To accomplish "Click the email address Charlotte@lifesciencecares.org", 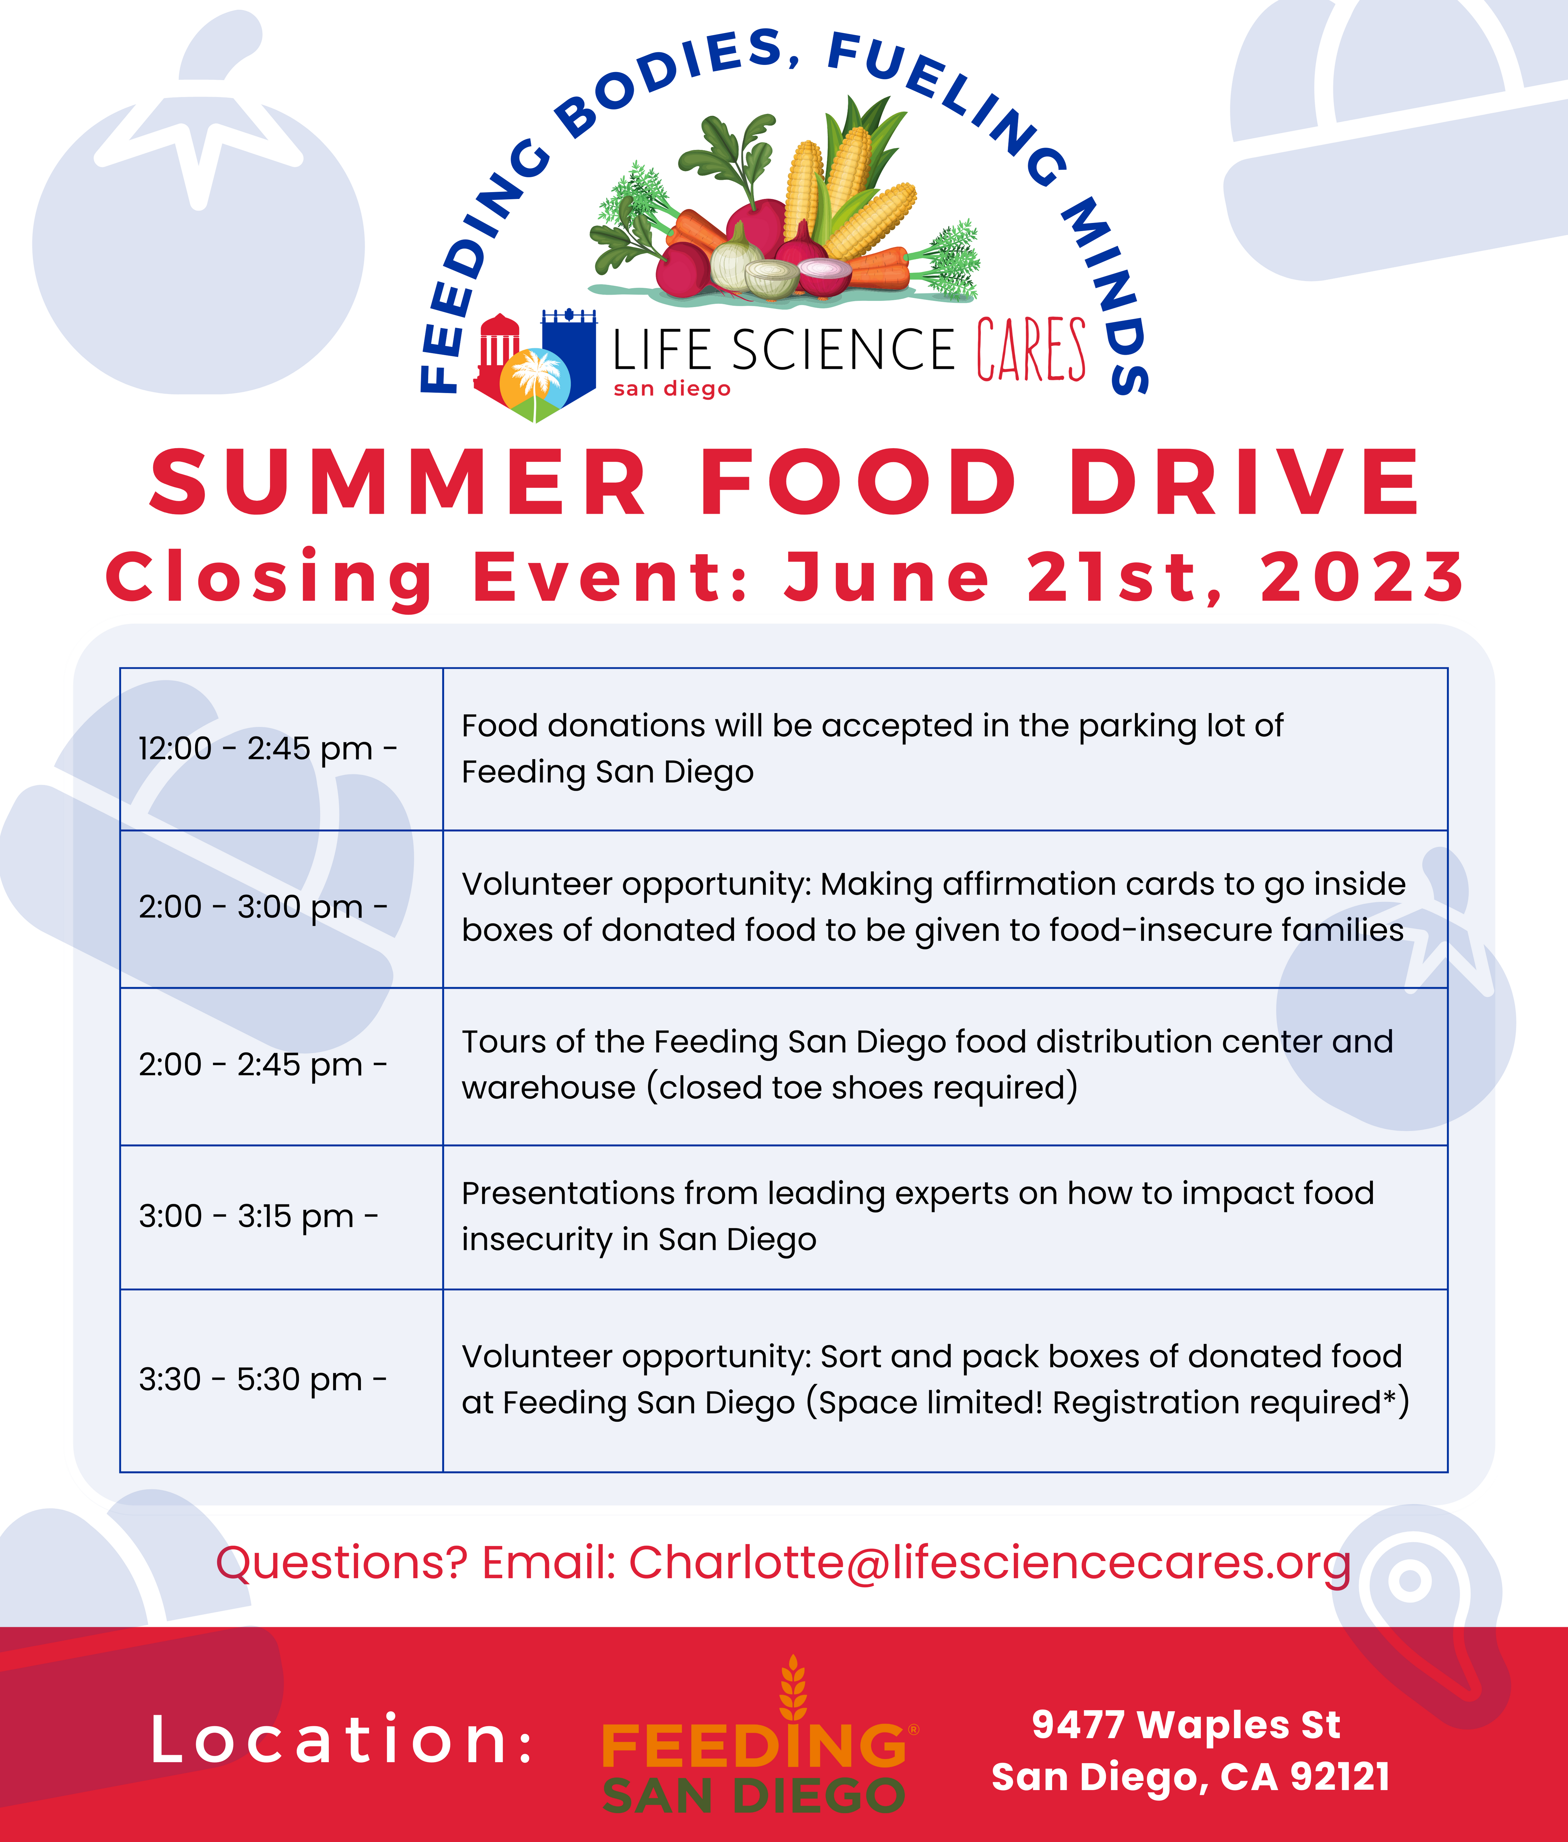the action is point(989,1563).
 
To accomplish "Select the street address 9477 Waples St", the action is point(1186,1725).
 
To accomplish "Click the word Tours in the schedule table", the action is point(503,1041).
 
